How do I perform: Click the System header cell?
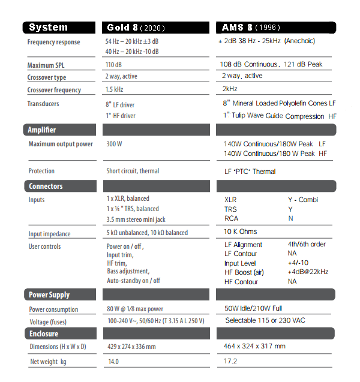[x=59, y=28]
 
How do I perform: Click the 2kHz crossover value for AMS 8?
[x=230, y=89]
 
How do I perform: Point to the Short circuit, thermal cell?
[x=133, y=171]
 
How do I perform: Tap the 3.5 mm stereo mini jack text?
[x=136, y=219]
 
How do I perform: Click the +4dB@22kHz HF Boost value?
[x=309, y=272]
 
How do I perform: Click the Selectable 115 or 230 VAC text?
[x=265, y=320]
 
